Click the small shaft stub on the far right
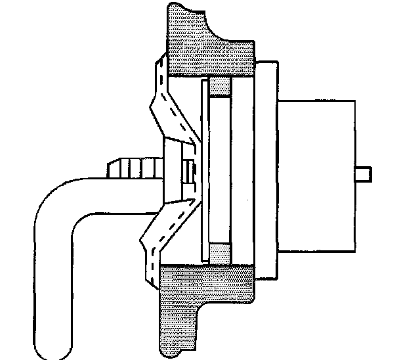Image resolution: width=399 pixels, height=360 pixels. [365, 174]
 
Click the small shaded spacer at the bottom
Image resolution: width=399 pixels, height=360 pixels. [220, 253]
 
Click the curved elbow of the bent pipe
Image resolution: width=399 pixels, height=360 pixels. [56, 204]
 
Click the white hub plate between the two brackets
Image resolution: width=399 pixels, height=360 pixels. [173, 172]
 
